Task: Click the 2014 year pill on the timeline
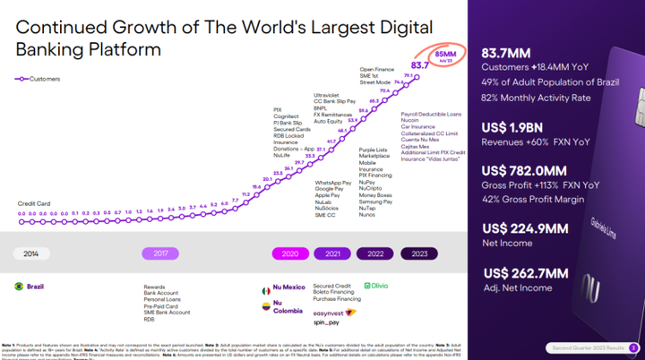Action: (30, 253)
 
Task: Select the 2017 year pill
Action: (160, 253)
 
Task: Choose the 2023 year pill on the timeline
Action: (419, 253)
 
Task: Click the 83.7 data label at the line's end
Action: (419, 65)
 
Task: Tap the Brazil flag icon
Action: (18, 286)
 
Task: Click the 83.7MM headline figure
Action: (507, 51)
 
